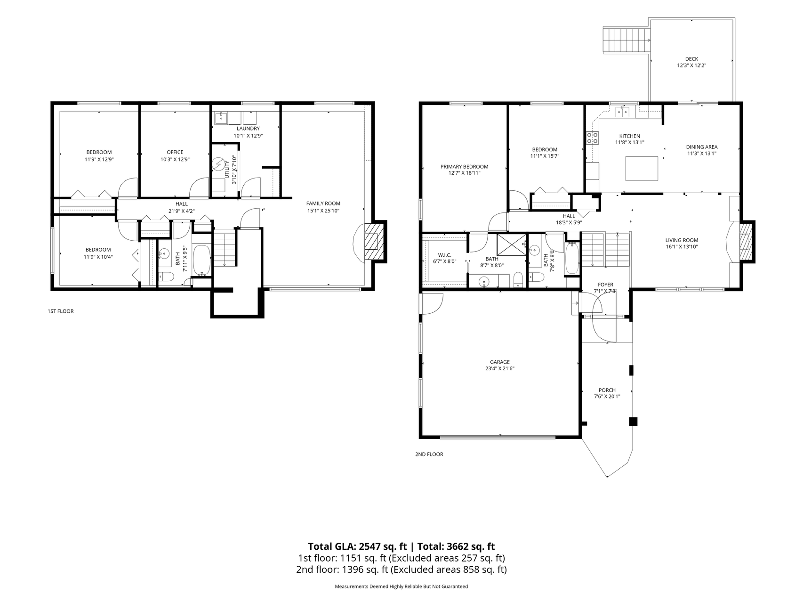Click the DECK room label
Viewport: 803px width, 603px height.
click(691, 59)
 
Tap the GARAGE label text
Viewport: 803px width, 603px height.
click(499, 362)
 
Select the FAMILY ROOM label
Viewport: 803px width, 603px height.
click(323, 204)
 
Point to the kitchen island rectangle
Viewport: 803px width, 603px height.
click(642, 168)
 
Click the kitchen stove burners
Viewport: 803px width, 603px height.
click(592, 138)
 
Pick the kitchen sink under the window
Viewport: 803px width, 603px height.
click(623, 112)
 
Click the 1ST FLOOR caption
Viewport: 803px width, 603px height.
click(61, 311)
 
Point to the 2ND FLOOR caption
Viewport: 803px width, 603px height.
click(429, 455)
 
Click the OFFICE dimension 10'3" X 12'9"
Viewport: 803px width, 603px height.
click(175, 159)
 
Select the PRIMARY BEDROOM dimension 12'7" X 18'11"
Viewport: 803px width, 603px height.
click(464, 173)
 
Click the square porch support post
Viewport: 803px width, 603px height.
click(634, 422)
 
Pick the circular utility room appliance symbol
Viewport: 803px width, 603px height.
click(219, 164)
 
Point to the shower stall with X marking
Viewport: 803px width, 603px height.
click(511, 244)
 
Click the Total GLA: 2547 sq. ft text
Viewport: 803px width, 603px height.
click(357, 546)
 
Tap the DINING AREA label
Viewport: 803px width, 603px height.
click(701, 147)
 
